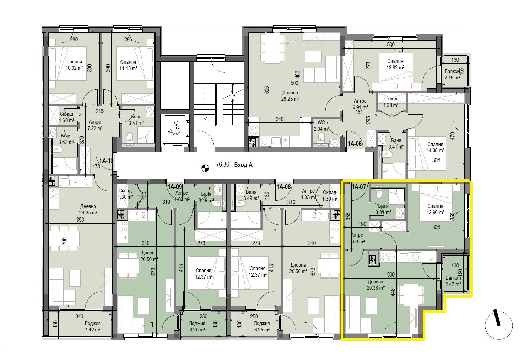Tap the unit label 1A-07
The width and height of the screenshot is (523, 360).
pos(359,187)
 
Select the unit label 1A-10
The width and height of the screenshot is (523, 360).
pos(106,161)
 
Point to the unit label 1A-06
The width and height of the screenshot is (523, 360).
pos(355,144)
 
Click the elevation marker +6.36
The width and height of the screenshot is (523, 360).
pos(223,165)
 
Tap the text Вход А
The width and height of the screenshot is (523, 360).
pos(243,165)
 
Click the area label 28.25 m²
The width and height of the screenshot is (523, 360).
pos(290,99)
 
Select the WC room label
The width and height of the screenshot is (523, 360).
pos(321,123)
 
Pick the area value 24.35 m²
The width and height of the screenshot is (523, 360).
pos(88,213)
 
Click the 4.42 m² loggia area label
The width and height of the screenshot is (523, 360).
pos(92,330)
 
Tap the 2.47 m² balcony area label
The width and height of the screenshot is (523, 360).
pos(453,284)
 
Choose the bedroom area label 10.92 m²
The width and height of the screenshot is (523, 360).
pos(74,68)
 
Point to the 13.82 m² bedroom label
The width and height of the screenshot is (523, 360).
pos(395,68)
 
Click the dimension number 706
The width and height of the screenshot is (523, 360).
pos(64,241)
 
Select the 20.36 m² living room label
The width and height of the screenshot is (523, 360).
pos(375,288)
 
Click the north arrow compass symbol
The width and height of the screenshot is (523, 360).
pos(499,325)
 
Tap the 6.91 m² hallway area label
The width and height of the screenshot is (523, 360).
pos(360,107)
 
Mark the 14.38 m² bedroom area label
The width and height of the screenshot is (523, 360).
pos(435,150)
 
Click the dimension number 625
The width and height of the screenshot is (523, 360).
pos(267,90)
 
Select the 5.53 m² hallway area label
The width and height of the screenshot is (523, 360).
pos(357,241)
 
